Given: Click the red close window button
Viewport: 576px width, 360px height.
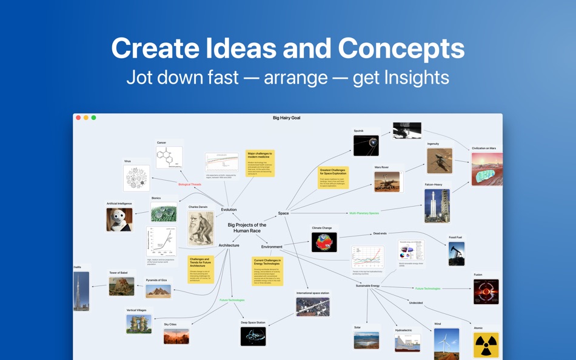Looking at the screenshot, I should coord(78,118).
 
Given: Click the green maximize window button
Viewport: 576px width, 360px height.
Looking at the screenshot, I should coord(93,118).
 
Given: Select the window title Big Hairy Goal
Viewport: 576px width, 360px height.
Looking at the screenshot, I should coord(286,118).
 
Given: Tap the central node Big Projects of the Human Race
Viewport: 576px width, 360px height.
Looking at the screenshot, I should coord(247,228).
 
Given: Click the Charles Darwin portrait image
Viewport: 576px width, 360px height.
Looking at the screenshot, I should coord(201,228).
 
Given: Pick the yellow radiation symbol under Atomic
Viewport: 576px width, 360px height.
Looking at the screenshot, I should coord(486,345).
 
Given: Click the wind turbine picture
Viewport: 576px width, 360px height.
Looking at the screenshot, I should coord(446,344).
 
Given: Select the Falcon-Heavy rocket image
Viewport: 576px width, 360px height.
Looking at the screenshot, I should coord(437,206).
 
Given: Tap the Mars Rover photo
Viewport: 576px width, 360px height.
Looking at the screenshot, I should coord(387,182).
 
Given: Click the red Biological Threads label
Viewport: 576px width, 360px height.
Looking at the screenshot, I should coord(189,184).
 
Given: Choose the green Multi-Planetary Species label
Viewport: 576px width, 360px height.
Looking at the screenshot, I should coord(364,213).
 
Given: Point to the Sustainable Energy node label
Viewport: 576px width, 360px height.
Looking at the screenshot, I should coord(367,285).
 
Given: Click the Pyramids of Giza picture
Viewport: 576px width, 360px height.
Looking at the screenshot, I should coord(158,291).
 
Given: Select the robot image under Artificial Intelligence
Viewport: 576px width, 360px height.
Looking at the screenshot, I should coord(119,219).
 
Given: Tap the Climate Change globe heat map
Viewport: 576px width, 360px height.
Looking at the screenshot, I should coord(324,242).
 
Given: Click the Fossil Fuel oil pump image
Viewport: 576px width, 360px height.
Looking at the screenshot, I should coord(457,254).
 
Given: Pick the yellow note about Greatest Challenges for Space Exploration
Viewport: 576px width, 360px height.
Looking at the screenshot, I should coord(333,178).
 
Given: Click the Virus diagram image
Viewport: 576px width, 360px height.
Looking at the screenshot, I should coord(136,179).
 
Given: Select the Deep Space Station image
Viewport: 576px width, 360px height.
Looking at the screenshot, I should coord(253,336).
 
